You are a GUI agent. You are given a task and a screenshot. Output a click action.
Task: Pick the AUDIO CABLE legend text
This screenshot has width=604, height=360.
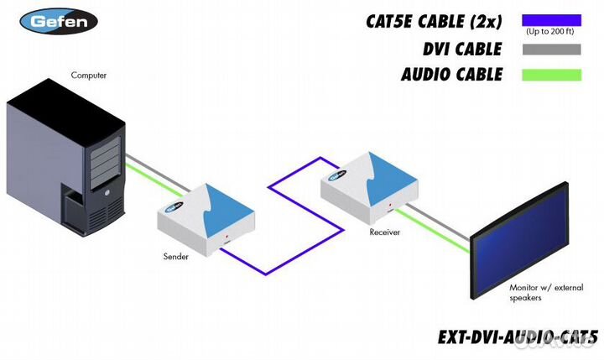pos(452,75)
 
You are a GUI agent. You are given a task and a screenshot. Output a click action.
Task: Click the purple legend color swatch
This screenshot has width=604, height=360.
pos(550,19)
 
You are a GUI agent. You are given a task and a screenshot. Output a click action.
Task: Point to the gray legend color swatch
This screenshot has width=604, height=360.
pos(550,49)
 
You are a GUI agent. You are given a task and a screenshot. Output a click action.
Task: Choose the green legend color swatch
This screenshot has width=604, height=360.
pos(550,75)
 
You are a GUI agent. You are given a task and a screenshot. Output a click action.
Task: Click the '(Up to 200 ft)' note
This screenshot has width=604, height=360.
pos(550,32)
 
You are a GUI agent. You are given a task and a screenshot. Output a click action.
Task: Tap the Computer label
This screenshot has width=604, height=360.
pos(89,76)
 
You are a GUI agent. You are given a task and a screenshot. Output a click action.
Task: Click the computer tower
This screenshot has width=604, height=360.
pos(67,159)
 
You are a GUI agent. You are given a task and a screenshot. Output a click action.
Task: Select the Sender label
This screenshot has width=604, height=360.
pos(176,256)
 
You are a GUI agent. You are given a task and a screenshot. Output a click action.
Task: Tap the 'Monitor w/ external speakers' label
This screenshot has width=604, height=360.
pos(546,292)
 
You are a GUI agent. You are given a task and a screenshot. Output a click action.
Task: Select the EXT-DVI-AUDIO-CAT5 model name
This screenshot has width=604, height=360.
pos(517,337)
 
